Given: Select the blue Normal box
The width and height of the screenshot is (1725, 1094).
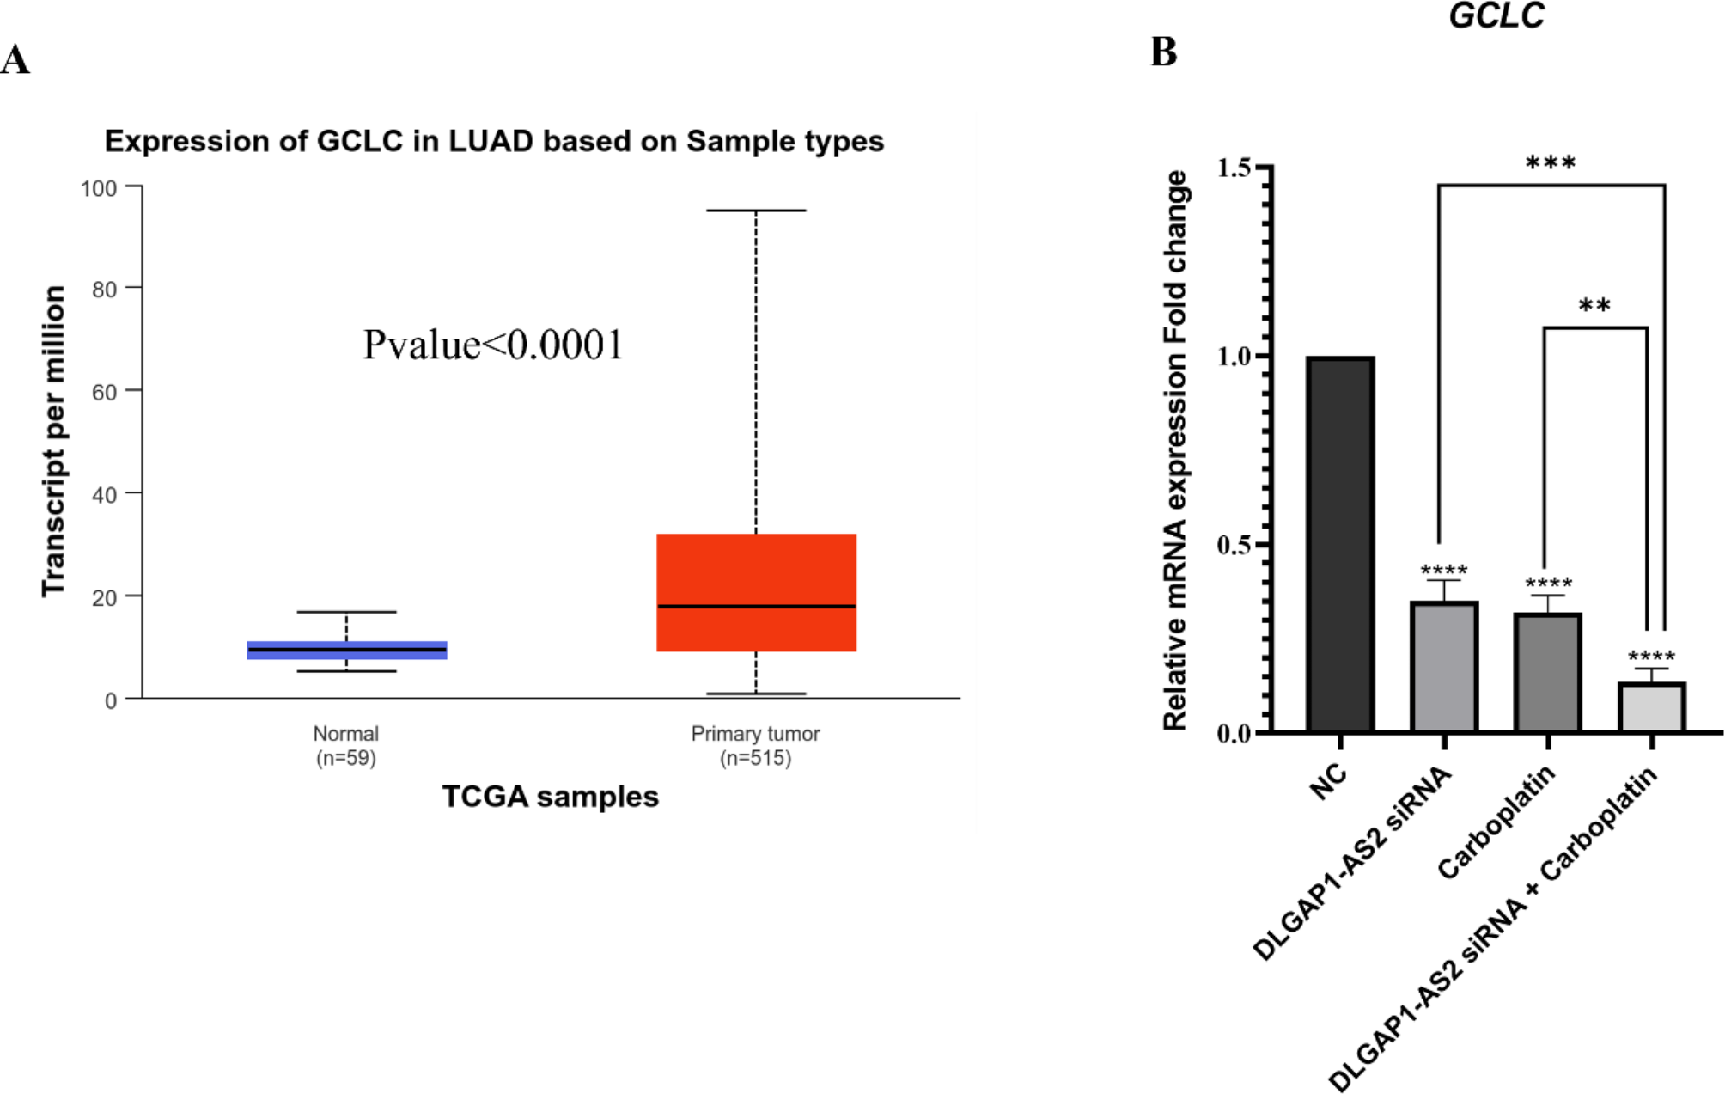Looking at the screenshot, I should point(347,651).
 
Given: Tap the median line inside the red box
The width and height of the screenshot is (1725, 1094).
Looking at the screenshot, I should point(756,607).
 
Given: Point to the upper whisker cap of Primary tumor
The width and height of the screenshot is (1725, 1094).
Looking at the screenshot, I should point(756,211).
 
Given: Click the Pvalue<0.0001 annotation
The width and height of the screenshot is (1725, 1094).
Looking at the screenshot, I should point(492,345).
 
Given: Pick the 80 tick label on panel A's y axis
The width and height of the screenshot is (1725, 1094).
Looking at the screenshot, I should point(105,290).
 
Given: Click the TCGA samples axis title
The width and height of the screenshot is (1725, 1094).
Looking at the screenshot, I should point(550,797).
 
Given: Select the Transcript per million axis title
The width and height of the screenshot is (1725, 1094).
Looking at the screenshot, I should point(53,441).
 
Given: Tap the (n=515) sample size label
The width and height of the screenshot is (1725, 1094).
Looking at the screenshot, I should point(755,758).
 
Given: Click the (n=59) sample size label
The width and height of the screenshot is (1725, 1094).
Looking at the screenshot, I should point(346,758).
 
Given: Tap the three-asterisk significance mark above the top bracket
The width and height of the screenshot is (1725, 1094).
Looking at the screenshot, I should point(1551,163).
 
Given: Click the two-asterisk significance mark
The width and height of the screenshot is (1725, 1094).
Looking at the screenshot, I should point(1594,306).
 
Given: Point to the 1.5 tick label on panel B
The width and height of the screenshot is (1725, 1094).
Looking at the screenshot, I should point(1234,168).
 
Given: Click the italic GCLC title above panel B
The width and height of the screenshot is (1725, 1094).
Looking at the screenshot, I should point(1496,15).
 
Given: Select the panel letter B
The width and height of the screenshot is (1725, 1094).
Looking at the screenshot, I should point(1164,52).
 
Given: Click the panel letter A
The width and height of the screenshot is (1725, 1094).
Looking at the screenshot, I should point(15,60).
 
